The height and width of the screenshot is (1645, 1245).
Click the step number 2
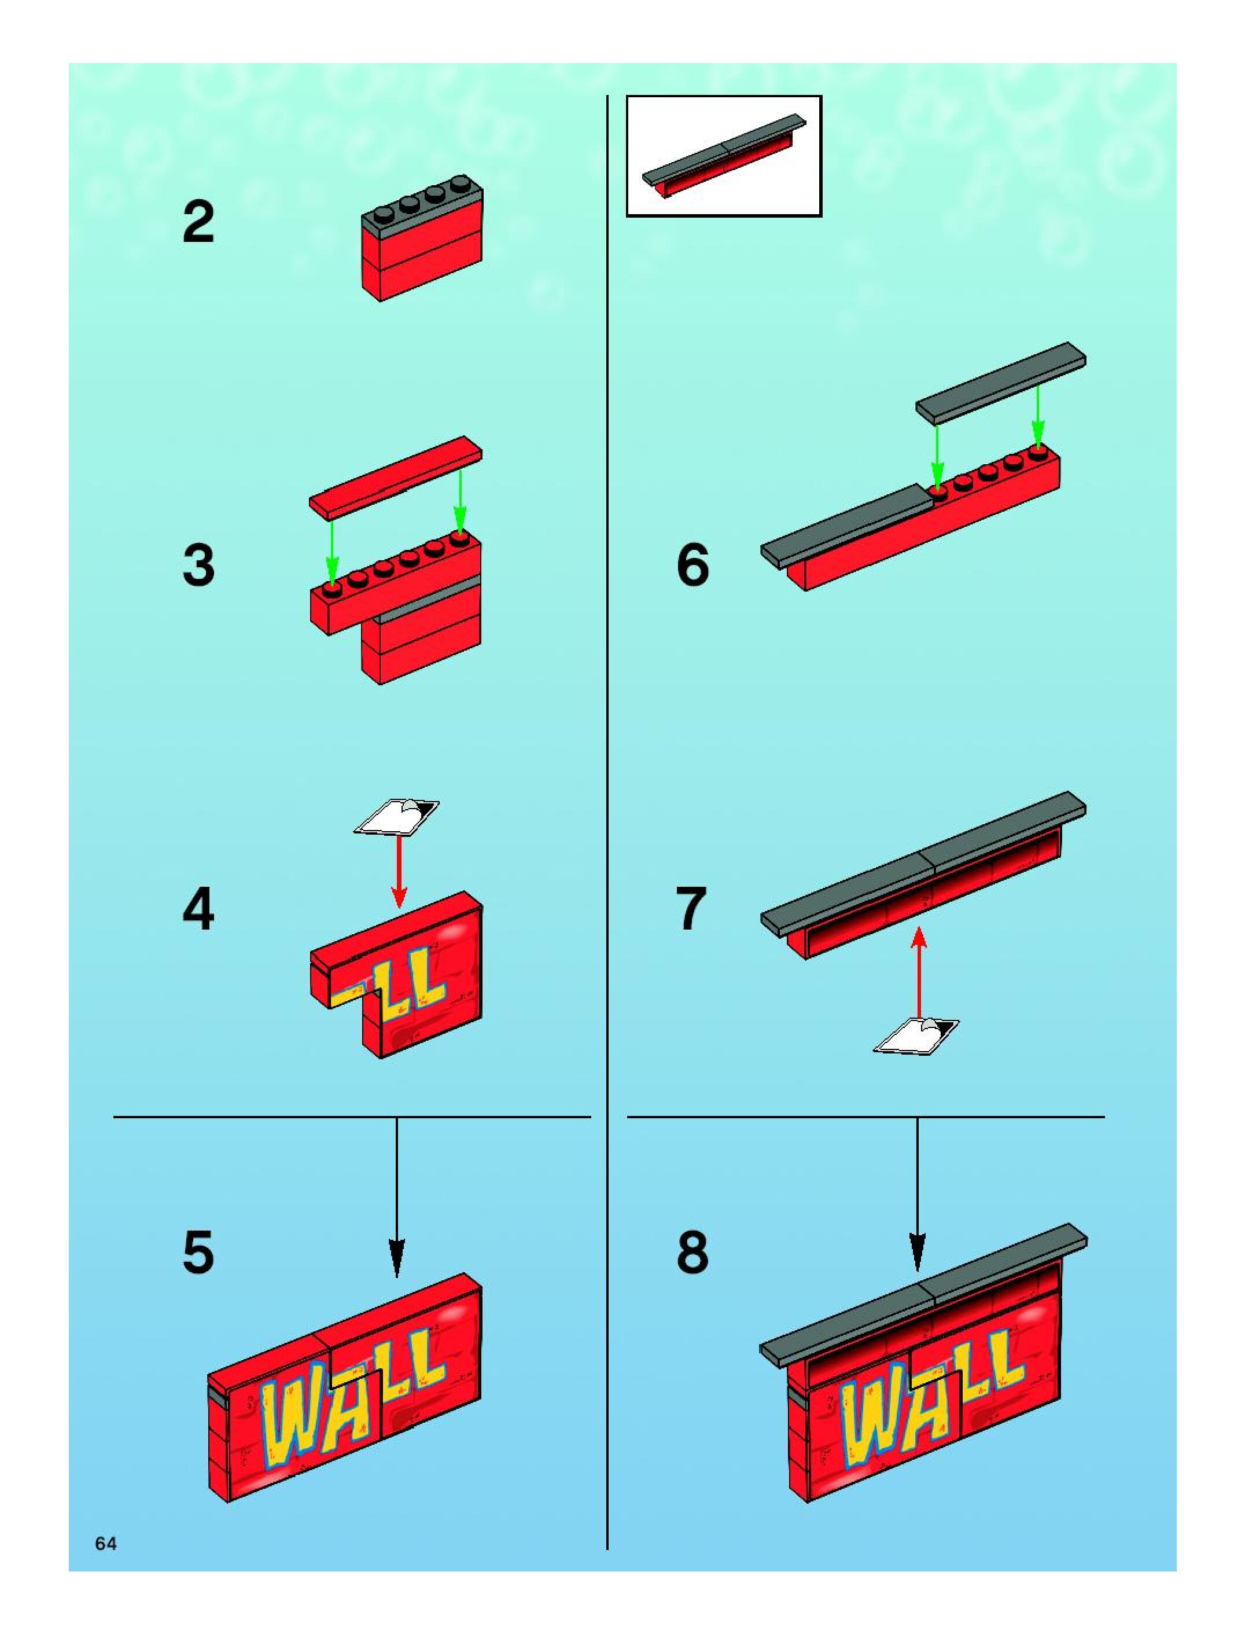coord(198,222)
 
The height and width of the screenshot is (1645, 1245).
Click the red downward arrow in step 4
coord(400,870)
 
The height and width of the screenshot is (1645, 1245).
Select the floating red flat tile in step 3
coord(396,475)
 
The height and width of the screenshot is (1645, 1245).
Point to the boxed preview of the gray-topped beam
coord(724,156)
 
